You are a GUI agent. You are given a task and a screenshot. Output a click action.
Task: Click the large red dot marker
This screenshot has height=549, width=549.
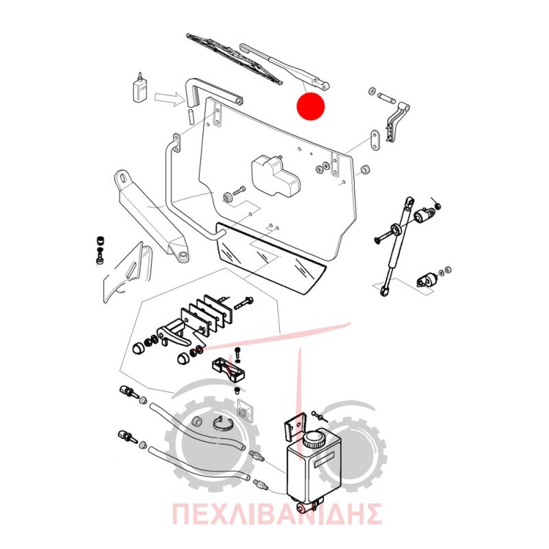point(311,106)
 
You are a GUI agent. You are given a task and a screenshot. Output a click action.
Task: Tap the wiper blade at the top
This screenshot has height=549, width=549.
point(234,59)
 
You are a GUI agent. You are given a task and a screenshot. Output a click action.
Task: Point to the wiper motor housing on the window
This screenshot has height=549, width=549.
point(275,175)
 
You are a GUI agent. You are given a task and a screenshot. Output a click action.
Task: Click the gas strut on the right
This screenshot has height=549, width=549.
point(397,246)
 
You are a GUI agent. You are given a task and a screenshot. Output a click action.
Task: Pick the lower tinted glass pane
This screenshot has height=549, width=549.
point(270,258)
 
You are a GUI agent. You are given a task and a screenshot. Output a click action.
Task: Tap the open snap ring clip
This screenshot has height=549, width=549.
point(222,425)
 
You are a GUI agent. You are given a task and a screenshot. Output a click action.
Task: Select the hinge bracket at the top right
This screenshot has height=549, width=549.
point(397,122)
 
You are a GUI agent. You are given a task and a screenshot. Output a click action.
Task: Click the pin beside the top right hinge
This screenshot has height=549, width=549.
point(386,97)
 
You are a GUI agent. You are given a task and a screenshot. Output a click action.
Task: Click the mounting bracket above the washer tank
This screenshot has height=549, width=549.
point(294,426)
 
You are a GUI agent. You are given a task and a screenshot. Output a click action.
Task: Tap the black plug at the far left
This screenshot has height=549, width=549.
point(100,241)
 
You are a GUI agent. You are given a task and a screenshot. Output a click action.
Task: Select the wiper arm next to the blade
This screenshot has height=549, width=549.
point(284,66)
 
